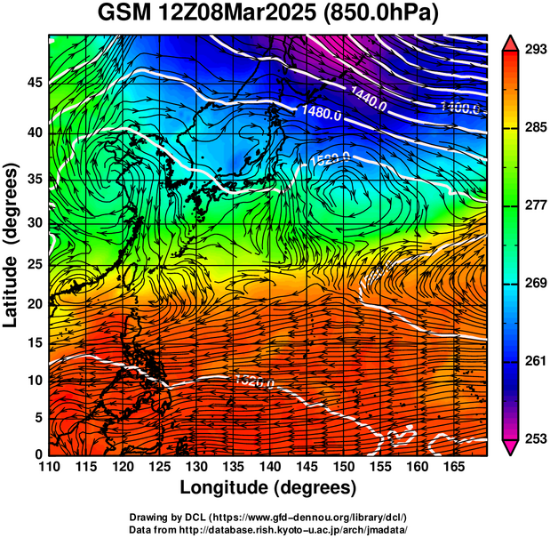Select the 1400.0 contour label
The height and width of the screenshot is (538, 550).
coord(461,108)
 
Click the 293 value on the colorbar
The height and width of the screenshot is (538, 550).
coord(535,50)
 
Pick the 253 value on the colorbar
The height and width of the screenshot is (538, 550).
coord(535,438)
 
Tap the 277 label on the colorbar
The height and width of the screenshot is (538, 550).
coord(535,205)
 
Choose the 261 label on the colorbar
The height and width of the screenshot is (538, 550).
coord(535,361)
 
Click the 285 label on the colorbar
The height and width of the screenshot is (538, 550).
coord(535,128)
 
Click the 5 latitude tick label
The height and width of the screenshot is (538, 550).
coord(36,417)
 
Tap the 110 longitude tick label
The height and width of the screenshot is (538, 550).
coord(49,466)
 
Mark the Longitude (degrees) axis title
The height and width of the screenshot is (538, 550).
coord(268,487)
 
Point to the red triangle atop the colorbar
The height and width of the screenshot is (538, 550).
coord(510,41)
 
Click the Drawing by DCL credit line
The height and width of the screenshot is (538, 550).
coord(268,517)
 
